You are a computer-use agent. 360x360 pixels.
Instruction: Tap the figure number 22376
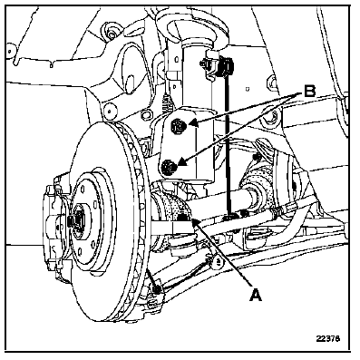pyautogui.click(x=331, y=341)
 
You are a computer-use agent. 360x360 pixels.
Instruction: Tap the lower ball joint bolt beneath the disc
pyautogui.click(x=157, y=290)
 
